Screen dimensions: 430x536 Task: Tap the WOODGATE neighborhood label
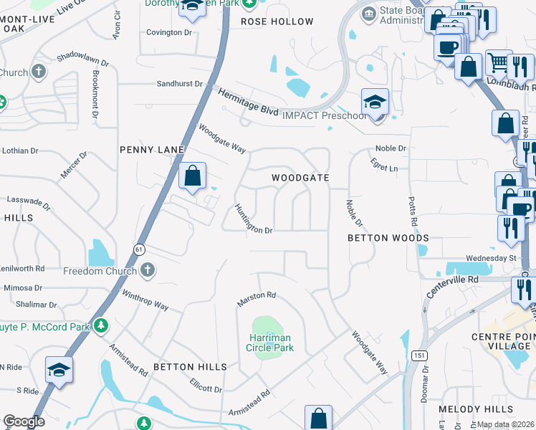[300, 178]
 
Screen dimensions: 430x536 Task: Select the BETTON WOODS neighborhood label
[388, 237]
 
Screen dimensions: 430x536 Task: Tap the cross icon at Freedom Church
[148, 270]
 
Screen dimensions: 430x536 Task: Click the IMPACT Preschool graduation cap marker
[375, 103]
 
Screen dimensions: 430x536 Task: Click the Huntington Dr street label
[254, 219]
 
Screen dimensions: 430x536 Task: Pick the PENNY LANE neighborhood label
[152, 150]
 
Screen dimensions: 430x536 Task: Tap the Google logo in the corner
[24, 421]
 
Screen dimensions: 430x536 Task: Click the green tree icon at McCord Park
[101, 325]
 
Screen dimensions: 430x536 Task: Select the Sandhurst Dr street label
[179, 84]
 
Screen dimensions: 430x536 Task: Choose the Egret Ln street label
[384, 167]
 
